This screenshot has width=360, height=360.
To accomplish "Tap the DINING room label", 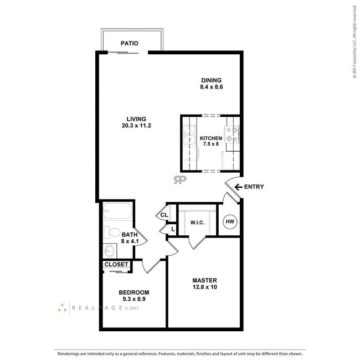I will click(x=211, y=80).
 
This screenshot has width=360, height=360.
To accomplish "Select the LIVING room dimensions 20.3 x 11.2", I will click(x=136, y=126).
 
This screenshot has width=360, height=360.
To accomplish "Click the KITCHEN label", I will click(x=210, y=138).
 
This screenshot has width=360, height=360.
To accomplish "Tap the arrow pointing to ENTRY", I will click(x=238, y=187).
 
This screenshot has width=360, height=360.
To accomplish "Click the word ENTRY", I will click(x=255, y=187).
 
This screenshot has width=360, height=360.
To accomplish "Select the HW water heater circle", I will click(x=229, y=222).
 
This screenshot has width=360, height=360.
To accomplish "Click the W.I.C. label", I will click(x=198, y=223).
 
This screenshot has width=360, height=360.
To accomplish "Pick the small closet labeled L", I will click(x=172, y=229).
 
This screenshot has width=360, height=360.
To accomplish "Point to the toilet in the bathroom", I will click(x=113, y=233).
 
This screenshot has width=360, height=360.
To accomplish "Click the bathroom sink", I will click(x=109, y=251).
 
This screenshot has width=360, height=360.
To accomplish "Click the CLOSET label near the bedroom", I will click(x=116, y=265).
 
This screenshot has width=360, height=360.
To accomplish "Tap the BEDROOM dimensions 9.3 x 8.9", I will click(x=134, y=299).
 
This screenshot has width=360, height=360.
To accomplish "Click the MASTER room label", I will click(x=204, y=280).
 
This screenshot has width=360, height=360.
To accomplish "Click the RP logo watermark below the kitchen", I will click(x=179, y=179).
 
